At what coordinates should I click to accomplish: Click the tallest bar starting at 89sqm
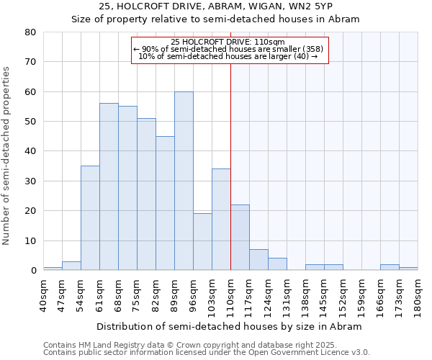[184, 181]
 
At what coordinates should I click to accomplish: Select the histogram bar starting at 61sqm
[109, 186]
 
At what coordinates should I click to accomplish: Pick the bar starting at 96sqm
[202, 242]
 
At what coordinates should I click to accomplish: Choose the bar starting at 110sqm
[240, 238]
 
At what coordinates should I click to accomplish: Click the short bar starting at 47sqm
[71, 266]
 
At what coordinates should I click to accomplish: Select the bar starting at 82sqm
[165, 203]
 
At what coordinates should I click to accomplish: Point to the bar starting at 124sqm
[277, 264]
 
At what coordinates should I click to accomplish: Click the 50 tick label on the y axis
[30, 122]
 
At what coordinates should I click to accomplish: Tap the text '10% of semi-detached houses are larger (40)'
[228, 56]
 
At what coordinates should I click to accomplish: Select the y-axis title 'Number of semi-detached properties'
[7, 156]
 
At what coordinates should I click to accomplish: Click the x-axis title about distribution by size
[230, 326]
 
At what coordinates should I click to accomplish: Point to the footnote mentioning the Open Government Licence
[207, 353]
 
